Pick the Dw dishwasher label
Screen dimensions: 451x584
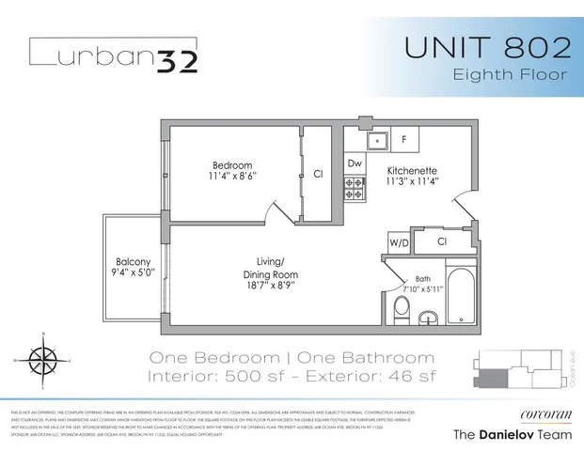pyautogui.click(x=355, y=163)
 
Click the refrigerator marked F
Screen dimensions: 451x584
pyautogui.click(x=404, y=140)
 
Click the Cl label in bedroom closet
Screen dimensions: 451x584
pyautogui.click(x=318, y=174)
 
